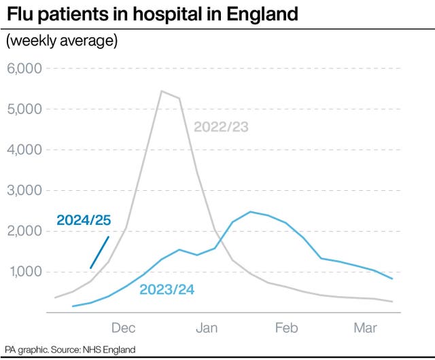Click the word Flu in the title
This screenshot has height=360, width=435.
[20, 13]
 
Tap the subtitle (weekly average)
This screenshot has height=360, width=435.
[62, 41]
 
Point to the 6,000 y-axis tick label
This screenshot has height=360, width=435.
[24, 69]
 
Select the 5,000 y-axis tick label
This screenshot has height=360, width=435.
[24, 109]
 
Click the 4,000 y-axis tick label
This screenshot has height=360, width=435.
[24, 149]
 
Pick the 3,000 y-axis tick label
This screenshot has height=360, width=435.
[24, 190]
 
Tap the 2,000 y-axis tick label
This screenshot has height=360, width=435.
[24, 231]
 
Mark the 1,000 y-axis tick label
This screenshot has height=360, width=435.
[24, 272]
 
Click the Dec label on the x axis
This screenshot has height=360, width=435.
[124, 329]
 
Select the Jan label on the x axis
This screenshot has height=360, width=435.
[207, 329]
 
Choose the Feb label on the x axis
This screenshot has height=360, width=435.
[286, 329]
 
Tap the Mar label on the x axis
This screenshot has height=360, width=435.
[366, 329]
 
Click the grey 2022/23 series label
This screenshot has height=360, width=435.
[221, 126]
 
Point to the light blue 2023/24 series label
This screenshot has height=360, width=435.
[167, 290]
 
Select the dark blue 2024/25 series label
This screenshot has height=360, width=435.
[83, 220]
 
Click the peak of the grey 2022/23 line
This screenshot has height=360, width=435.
[161, 91]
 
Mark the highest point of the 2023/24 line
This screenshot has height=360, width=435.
[250, 212]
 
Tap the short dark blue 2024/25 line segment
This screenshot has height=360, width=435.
[100, 252]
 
